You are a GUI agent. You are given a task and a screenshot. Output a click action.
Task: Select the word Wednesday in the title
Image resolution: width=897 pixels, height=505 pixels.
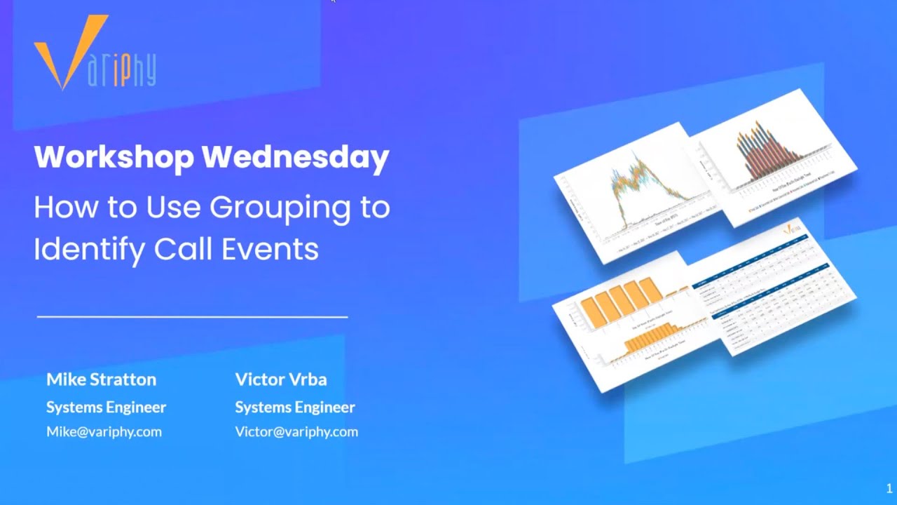pyautogui.click(x=295, y=157)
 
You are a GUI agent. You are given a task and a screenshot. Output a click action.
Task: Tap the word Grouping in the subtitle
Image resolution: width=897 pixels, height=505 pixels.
pyautogui.click(x=290, y=208)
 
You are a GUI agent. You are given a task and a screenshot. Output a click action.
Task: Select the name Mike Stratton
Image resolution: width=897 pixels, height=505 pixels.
pyautogui.click(x=101, y=379)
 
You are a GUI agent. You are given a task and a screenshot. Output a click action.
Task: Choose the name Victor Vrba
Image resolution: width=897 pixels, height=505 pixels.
pyautogui.click(x=281, y=379)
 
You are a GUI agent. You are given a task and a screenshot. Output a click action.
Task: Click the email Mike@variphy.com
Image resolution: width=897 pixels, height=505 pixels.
pyautogui.click(x=104, y=431)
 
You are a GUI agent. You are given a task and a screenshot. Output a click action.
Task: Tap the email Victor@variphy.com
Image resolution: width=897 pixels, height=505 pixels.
pyautogui.click(x=296, y=431)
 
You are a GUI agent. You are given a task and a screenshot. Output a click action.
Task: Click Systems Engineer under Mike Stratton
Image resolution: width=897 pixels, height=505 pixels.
pyautogui.click(x=106, y=407)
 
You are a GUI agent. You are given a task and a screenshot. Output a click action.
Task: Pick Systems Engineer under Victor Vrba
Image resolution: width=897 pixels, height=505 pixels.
pyautogui.click(x=295, y=407)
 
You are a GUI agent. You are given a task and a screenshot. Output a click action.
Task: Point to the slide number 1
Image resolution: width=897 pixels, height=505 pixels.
pyautogui.click(x=889, y=489)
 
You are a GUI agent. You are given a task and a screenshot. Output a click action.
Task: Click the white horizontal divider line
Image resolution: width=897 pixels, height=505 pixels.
pyautogui.click(x=192, y=317)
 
